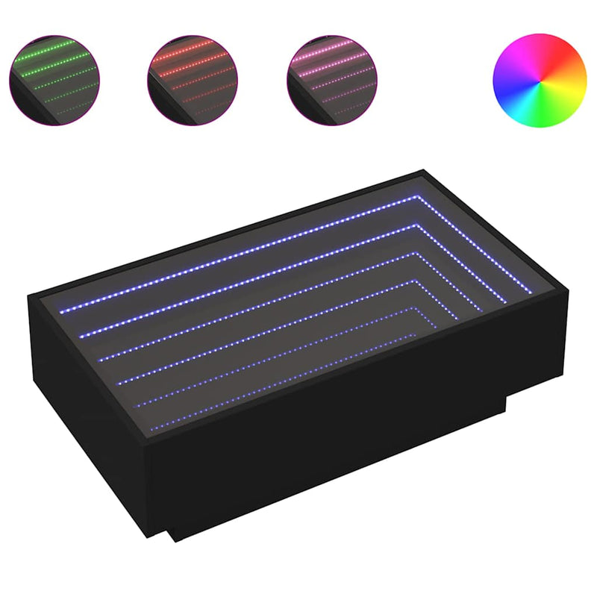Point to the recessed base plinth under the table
click(336, 470)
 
